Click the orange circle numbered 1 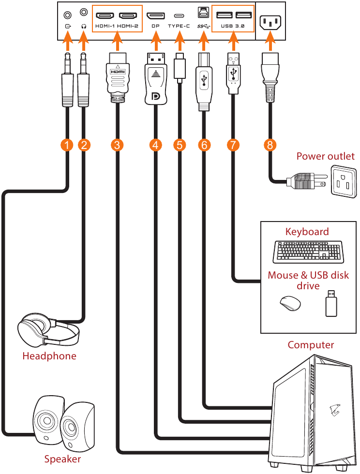tap(68, 145)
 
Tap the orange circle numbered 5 tap(180, 145)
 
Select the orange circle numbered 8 tap(270, 145)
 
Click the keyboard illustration tap(306, 251)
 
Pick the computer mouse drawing tap(290, 303)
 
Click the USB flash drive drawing tap(331, 303)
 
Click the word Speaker tap(62, 459)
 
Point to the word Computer tap(311, 345)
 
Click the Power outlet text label tap(325, 156)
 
